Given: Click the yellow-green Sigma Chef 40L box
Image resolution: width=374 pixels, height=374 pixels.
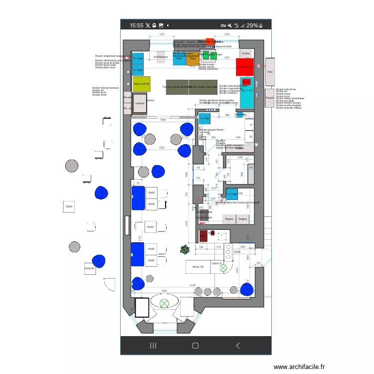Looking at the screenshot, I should [x=142, y=84].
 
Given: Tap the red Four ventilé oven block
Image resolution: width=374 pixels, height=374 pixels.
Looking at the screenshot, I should [x=245, y=66].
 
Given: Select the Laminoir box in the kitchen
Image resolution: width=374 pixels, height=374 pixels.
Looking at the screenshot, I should [x=140, y=103].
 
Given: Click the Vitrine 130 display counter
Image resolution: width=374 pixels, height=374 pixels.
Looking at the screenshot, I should [x=197, y=267].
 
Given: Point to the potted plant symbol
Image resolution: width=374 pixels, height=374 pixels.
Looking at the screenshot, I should [x=185, y=248].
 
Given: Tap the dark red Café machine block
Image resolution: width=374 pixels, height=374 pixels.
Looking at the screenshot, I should [x=203, y=235].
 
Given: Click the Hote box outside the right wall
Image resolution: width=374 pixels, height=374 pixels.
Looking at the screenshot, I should [x=270, y=72].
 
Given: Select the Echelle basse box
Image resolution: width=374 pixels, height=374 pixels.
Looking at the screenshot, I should [x=161, y=57].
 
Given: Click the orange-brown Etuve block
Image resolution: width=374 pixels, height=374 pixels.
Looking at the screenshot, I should [x=192, y=59].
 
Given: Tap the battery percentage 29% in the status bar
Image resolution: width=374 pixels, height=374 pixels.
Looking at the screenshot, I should [x=252, y=25].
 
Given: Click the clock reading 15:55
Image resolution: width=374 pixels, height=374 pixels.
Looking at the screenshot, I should [x=136, y=25].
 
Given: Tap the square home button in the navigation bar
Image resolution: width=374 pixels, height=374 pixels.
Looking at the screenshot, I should [x=195, y=345].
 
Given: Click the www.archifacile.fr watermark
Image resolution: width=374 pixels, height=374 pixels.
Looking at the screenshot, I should [x=299, y=366].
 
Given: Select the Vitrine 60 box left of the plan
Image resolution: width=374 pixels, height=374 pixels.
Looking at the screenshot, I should [x=90, y=268].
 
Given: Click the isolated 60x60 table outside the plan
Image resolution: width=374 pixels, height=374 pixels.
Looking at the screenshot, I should [x=69, y=206].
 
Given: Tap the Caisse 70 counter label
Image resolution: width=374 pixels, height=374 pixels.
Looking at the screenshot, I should [x=217, y=263].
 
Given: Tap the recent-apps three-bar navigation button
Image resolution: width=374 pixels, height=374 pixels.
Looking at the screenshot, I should [x=153, y=345].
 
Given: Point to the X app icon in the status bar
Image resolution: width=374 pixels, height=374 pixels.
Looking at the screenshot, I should [x=148, y=25].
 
